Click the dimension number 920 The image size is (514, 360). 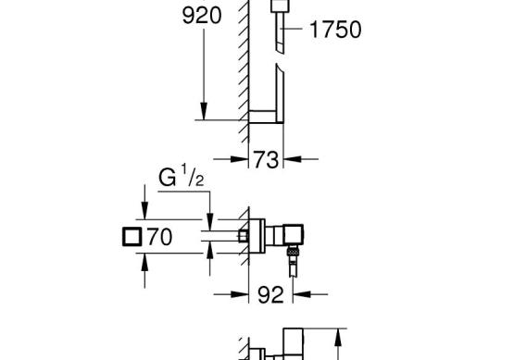pos(202,16)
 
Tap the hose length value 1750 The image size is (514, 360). pos(335,30)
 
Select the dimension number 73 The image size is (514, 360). pos(266,160)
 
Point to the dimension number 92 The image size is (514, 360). pos(270,294)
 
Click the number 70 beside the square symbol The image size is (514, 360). pos(159,237)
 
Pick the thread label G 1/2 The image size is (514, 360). pos(182,176)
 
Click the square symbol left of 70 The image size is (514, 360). pos(132,237)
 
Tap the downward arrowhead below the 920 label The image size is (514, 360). pos(204,111)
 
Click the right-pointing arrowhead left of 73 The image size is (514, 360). pos(239,159)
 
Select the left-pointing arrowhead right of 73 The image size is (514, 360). pos(293,159)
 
